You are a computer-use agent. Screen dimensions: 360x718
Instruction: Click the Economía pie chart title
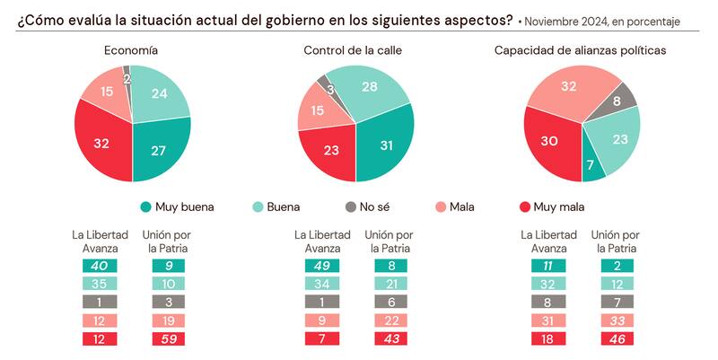tap(132, 50)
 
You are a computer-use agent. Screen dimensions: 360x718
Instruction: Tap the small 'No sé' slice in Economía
tap(127, 71)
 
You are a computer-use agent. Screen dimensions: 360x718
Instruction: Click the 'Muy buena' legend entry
tap(178, 206)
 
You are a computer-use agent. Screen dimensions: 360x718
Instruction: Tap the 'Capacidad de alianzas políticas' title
tap(580, 50)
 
